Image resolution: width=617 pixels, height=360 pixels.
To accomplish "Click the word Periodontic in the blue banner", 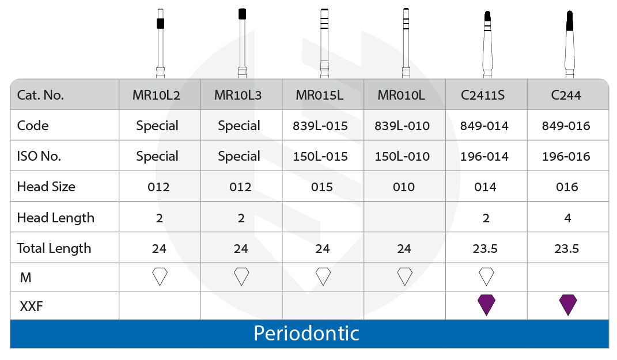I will click(306, 334).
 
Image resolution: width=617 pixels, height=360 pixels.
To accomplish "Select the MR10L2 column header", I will click(158, 95).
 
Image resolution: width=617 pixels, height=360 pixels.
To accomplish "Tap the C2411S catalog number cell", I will click(486, 95).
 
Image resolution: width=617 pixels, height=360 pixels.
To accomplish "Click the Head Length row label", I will click(55, 218).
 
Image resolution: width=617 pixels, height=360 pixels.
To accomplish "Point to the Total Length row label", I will click(54, 248).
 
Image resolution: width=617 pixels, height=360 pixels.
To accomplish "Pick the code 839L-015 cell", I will click(322, 126).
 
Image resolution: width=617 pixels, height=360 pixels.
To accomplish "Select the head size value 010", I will click(404, 187).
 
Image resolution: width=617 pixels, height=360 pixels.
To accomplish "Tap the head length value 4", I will click(568, 218).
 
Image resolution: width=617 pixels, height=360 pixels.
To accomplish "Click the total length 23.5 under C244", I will click(568, 248).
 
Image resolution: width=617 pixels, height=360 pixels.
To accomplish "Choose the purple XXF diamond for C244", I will click(568, 304).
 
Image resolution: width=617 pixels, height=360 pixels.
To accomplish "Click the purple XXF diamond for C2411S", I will click(487, 304).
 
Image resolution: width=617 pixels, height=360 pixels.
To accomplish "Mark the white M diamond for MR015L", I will click(323, 277).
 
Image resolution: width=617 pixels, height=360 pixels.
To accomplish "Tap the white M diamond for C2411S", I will click(487, 277).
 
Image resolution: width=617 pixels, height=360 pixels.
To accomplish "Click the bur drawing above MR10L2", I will click(160, 43).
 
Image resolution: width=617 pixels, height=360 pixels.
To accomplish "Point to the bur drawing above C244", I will click(569, 43).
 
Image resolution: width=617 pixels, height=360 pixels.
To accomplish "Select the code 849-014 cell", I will click(486, 126).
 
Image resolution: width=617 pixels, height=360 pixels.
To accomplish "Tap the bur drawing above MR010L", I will click(406, 43).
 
